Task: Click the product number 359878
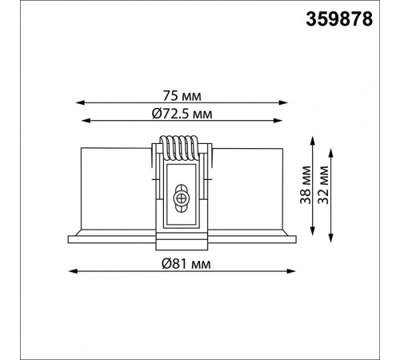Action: click(x=339, y=19)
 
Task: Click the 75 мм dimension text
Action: click(x=182, y=96)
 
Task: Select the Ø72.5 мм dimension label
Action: click(x=182, y=114)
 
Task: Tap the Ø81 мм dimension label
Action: click(x=186, y=264)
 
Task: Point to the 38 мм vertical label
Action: click(x=306, y=185)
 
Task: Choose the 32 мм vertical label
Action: click(x=323, y=185)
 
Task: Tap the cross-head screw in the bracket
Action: click(x=182, y=198)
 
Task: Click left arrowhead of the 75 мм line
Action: click(x=80, y=102)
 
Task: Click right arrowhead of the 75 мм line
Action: click(x=283, y=102)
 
